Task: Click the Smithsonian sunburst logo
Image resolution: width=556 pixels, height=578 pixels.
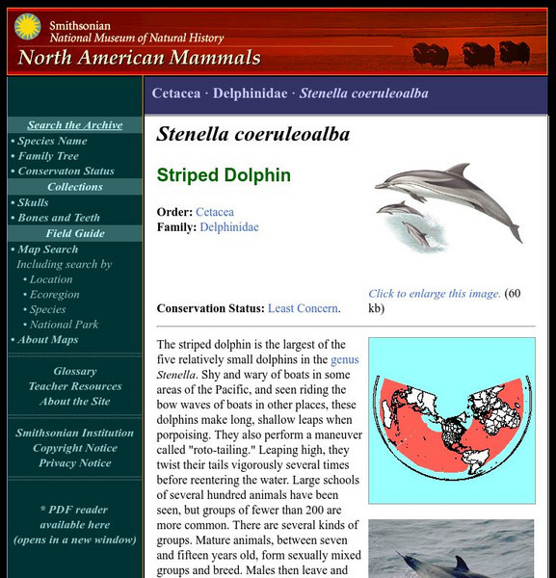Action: (27, 26)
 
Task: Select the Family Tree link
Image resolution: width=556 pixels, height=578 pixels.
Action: (48, 156)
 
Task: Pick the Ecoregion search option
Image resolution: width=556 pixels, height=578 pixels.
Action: (54, 294)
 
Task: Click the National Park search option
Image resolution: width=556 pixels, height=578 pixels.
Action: (64, 325)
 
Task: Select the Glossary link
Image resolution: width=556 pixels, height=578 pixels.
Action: (75, 371)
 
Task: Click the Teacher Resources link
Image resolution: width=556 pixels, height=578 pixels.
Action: (75, 386)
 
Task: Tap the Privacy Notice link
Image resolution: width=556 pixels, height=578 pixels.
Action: (75, 463)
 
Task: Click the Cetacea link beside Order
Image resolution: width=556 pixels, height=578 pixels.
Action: (215, 212)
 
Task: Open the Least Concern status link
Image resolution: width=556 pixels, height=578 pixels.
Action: (304, 308)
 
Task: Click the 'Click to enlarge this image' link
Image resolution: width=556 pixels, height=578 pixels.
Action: (435, 294)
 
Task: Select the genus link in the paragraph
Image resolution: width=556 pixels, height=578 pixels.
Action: (344, 359)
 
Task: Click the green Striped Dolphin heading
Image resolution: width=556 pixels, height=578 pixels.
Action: (224, 176)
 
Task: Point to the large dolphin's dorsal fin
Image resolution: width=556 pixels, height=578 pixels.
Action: (457, 171)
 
